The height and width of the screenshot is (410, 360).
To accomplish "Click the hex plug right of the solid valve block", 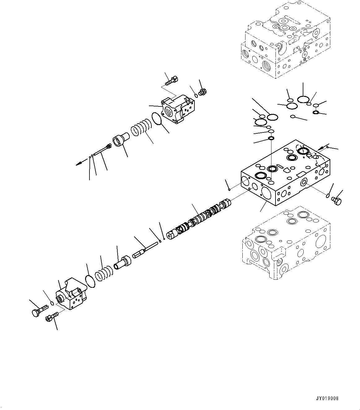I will [x=336, y=201].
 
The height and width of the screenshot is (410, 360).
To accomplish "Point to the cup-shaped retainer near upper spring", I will [x=121, y=141].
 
